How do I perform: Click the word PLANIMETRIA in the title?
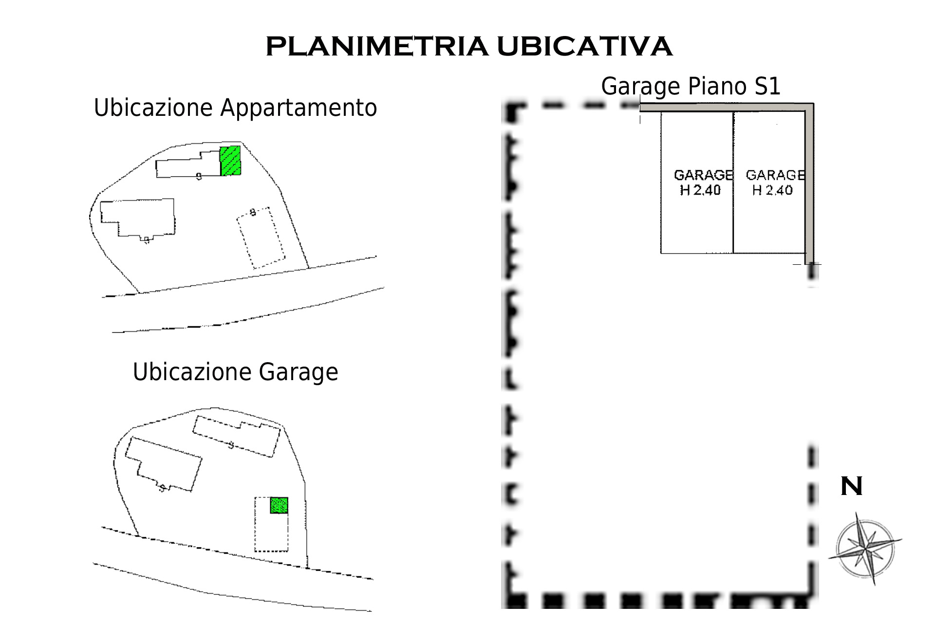(x=376, y=47)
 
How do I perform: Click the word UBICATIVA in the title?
(x=584, y=47)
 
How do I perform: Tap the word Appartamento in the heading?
(x=299, y=108)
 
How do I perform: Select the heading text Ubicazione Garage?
(x=235, y=372)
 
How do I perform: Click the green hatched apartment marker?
(x=230, y=161)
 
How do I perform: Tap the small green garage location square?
(x=279, y=505)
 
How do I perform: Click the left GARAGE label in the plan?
(x=703, y=175)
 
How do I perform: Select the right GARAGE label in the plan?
(x=775, y=175)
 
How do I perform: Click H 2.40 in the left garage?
(x=700, y=190)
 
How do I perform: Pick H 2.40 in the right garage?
(x=772, y=190)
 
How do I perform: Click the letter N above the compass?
(x=852, y=486)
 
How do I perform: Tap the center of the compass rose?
(x=865, y=549)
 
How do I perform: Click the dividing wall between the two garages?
(x=733, y=183)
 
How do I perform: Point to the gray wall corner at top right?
(x=809, y=108)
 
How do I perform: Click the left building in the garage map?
(x=163, y=464)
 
